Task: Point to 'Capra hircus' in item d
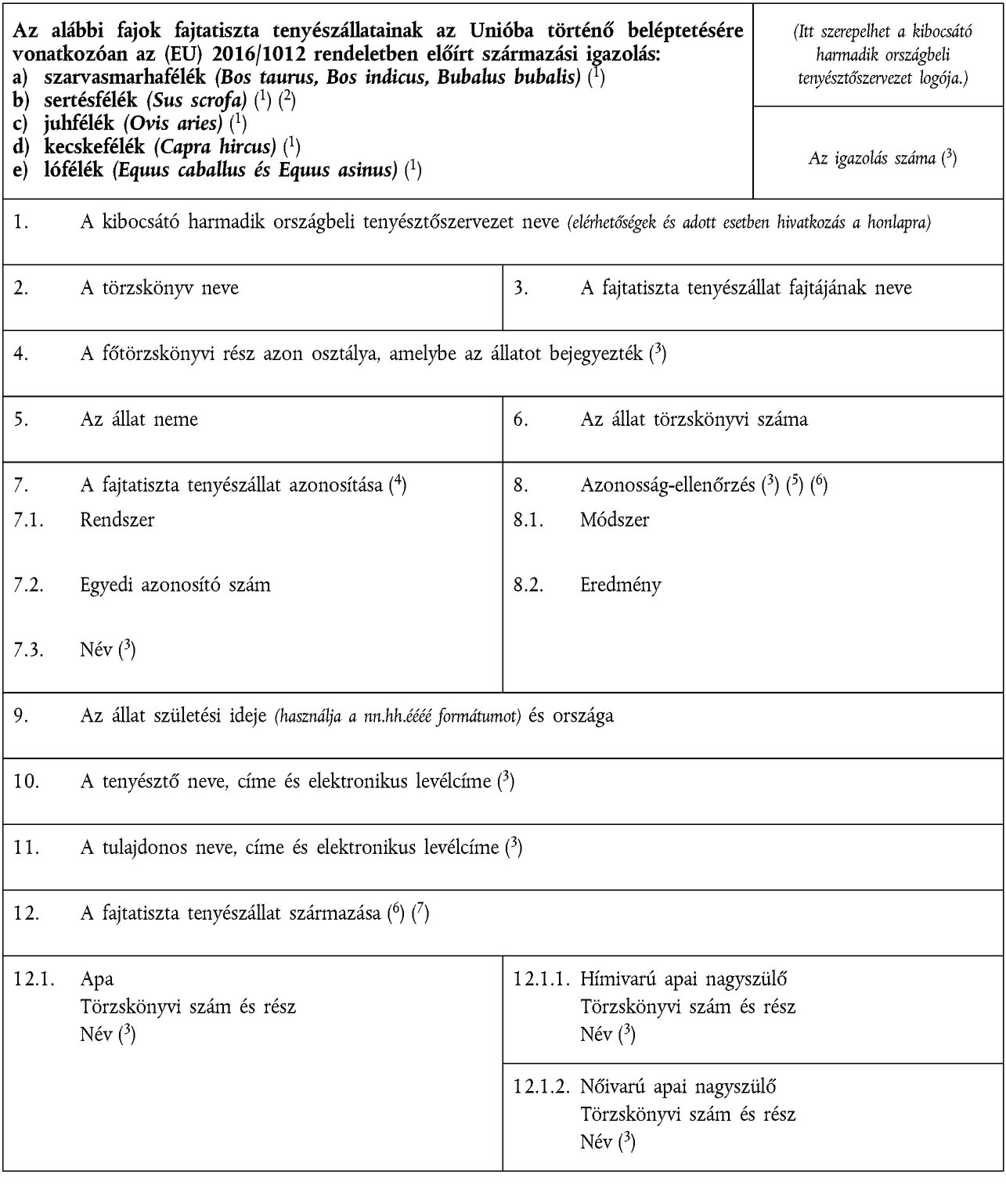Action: tap(215, 146)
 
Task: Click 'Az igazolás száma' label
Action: tap(871, 158)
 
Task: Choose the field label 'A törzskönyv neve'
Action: tap(159, 288)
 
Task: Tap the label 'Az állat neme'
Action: tap(139, 420)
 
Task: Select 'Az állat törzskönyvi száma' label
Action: tap(694, 420)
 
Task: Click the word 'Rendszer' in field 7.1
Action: tap(117, 520)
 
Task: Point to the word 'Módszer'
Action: tap(615, 520)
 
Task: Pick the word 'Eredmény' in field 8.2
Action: tap(621, 585)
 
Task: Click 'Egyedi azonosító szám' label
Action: tap(175, 585)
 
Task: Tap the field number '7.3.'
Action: tap(28, 650)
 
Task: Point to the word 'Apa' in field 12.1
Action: tap(96, 979)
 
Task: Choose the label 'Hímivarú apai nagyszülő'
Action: tap(683, 979)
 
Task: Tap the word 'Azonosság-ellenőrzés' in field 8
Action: tap(667, 485)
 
